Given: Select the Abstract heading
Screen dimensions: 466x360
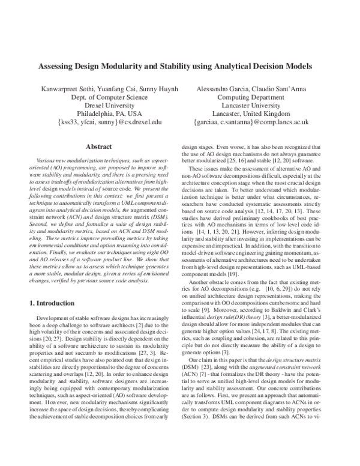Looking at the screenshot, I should pyautogui.click(x=100, y=146).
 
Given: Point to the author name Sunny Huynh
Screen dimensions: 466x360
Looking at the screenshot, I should pyautogui.click(x=158, y=89).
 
